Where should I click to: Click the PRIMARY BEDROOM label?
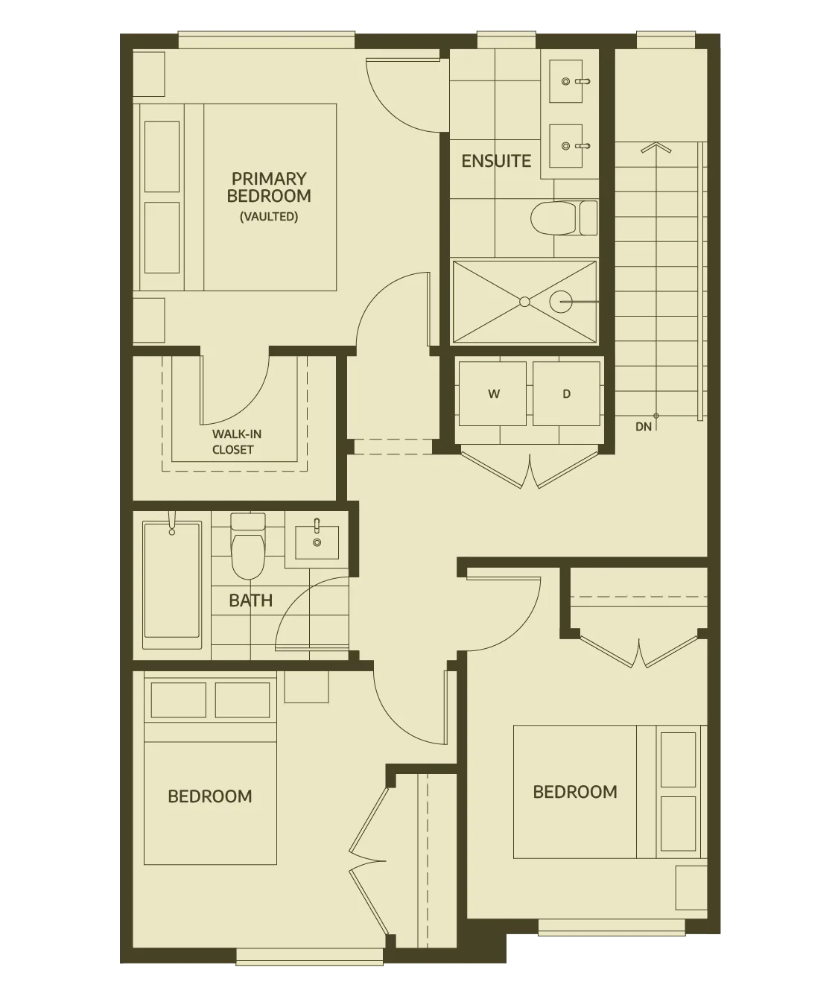[269, 187]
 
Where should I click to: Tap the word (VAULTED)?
[269, 217]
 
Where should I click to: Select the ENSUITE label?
[496, 161]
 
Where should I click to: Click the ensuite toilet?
[564, 218]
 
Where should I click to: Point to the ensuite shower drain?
[524, 302]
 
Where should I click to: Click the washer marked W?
[492, 394]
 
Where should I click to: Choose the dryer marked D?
[567, 394]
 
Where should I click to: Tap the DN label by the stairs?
[644, 427]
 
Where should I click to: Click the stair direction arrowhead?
[655, 148]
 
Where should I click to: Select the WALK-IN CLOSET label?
[236, 442]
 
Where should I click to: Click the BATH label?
[251, 600]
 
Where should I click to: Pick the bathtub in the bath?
[172, 581]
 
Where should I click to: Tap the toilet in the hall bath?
[248, 546]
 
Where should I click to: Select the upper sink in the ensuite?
[566, 81]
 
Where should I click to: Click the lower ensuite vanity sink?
[566, 146]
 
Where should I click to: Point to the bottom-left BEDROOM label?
[209, 796]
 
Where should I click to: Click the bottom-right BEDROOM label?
[575, 792]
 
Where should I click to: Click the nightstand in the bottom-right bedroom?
[691, 887]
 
